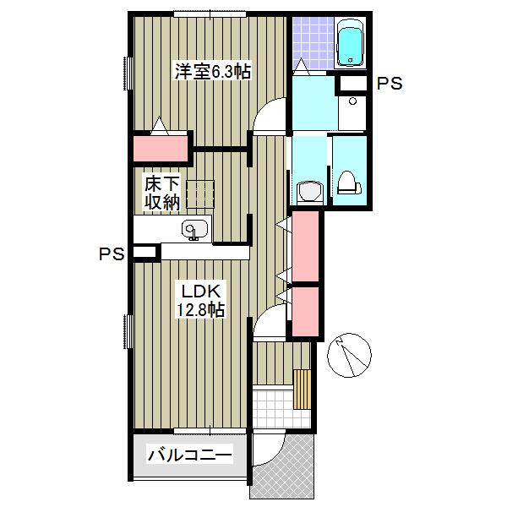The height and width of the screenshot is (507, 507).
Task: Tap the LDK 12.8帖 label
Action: click(x=199, y=301)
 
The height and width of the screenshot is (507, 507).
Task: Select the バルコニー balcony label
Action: click(x=191, y=456)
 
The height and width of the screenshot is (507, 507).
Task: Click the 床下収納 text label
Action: click(x=161, y=192)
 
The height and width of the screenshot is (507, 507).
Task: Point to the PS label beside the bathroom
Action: click(x=389, y=84)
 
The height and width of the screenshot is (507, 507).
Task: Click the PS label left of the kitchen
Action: click(x=112, y=253)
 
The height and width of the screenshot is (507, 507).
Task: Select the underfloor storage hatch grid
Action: click(x=204, y=194)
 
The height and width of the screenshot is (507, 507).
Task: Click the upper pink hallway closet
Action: click(x=305, y=247)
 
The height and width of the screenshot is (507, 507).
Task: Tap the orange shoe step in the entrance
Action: click(x=303, y=389)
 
